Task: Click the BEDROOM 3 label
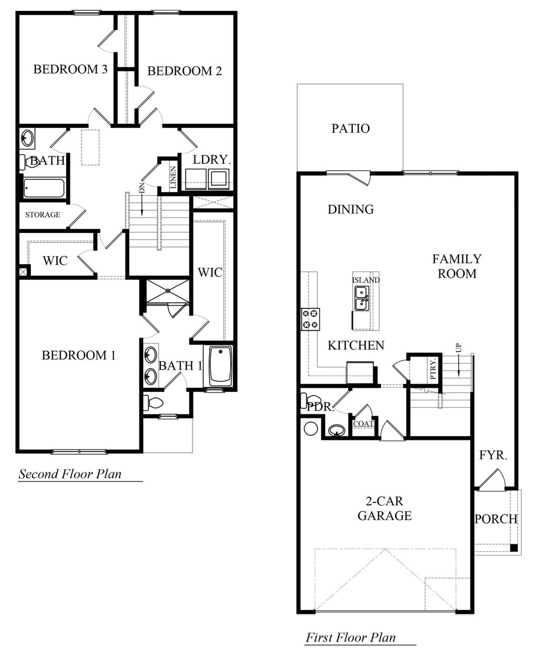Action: [70, 69]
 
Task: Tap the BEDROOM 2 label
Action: [185, 71]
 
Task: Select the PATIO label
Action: [350, 128]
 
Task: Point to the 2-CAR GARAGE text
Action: [385, 508]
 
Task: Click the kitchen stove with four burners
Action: [310, 319]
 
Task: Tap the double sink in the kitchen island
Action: [361, 298]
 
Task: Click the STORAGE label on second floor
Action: [43, 215]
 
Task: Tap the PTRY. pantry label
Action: [433, 369]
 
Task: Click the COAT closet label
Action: [363, 424]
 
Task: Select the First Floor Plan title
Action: [350, 638]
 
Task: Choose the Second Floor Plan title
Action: [70, 474]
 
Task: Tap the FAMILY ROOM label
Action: [457, 266]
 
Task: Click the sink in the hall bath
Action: [27, 138]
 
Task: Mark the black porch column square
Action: [514, 548]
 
